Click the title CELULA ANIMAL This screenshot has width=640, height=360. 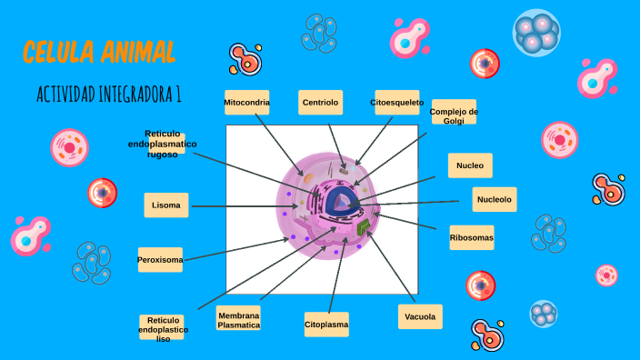coord(99,51)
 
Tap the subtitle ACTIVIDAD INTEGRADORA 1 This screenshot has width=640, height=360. coord(109,94)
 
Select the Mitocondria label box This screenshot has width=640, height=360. coord(247,103)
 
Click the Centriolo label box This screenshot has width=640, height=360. coord(320,103)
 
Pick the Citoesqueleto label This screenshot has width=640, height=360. coord(396,103)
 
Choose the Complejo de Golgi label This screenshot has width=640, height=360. coord(454,113)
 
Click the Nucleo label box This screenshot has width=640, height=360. coord(470,165)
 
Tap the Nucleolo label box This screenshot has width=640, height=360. coord(495,199)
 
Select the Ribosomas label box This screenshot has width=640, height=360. coord(472,238)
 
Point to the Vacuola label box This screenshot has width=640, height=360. coord(420,316)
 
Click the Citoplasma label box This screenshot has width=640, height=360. coord(326,324)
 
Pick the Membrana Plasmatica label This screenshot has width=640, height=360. coord(239,319)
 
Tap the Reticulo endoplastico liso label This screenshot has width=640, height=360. coord(164,328)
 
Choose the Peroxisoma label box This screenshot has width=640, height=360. coord(160,260)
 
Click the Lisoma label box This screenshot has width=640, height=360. coord(166,205)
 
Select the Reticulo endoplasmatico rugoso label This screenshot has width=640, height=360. coord(163,144)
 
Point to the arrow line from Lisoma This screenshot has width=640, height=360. coord(245,206)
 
